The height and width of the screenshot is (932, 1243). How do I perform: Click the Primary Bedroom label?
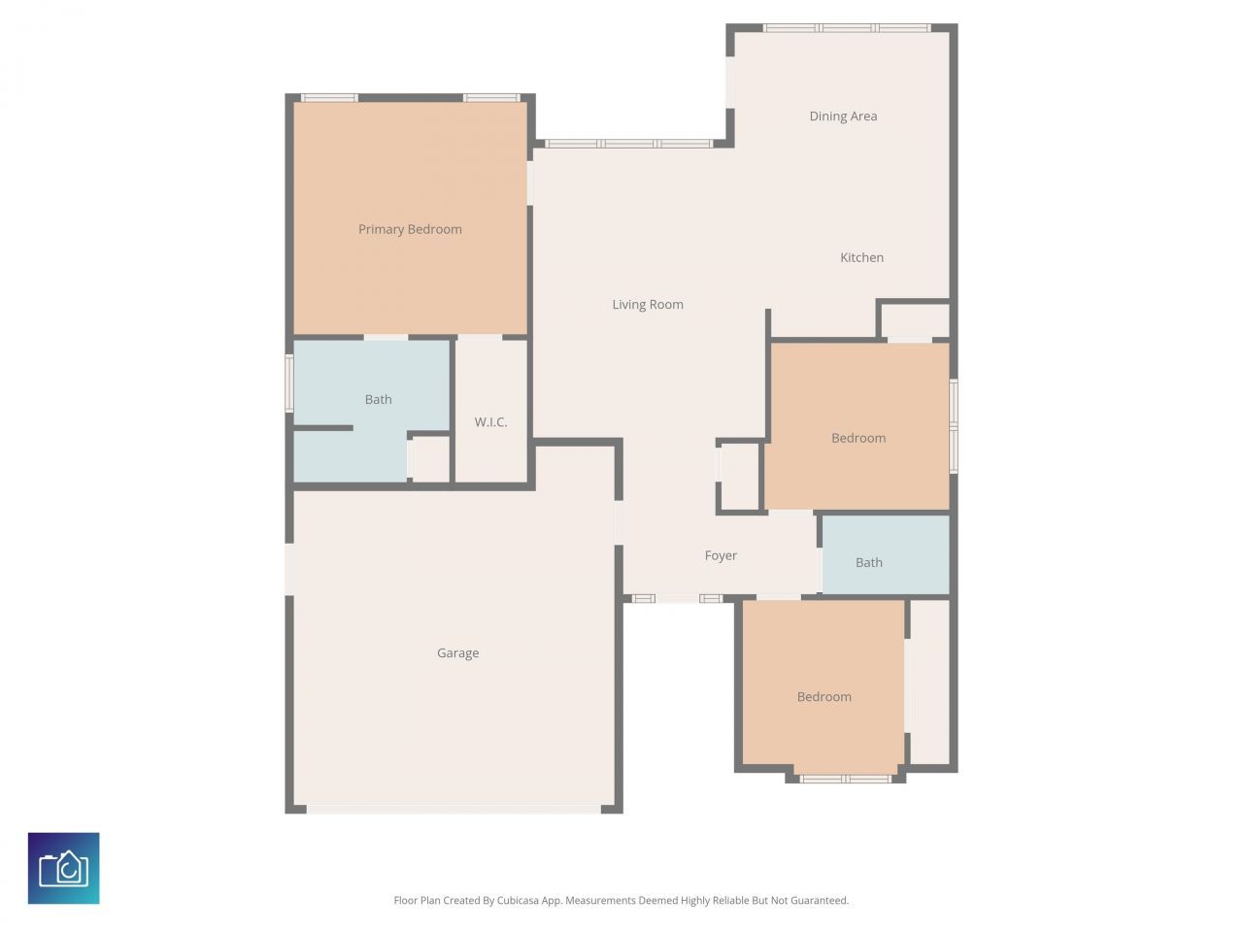pyautogui.click(x=410, y=229)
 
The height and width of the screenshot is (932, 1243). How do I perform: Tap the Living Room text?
pyautogui.click(x=648, y=305)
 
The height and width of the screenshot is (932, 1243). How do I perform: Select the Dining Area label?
pyautogui.click(x=843, y=116)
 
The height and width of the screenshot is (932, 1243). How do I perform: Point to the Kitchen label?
pyautogui.click(x=861, y=257)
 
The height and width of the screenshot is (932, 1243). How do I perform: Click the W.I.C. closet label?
pyautogui.click(x=490, y=422)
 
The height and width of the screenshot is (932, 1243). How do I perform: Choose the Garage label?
pyautogui.click(x=457, y=653)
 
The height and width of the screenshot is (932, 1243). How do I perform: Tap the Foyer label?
pyautogui.click(x=721, y=556)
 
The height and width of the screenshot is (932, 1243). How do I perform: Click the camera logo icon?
pyautogui.click(x=64, y=868)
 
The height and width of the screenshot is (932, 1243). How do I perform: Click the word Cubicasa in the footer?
pyautogui.click(x=519, y=901)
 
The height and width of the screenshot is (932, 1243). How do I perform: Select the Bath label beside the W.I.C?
pyautogui.click(x=378, y=399)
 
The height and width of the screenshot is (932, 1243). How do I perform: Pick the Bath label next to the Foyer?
pyautogui.click(x=868, y=562)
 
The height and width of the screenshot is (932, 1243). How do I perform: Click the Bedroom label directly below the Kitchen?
pyautogui.click(x=858, y=438)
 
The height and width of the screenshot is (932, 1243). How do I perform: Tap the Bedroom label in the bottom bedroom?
pyautogui.click(x=823, y=697)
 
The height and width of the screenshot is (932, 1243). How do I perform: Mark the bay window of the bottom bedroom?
pyautogui.click(x=845, y=779)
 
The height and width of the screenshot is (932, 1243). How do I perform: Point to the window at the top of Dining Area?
pyautogui.click(x=846, y=28)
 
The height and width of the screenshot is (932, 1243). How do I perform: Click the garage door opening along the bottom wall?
pyautogui.click(x=454, y=808)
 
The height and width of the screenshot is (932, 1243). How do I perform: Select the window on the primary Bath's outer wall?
pyautogui.click(x=289, y=383)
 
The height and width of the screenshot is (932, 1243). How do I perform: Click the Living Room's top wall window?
pyautogui.click(x=628, y=144)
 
